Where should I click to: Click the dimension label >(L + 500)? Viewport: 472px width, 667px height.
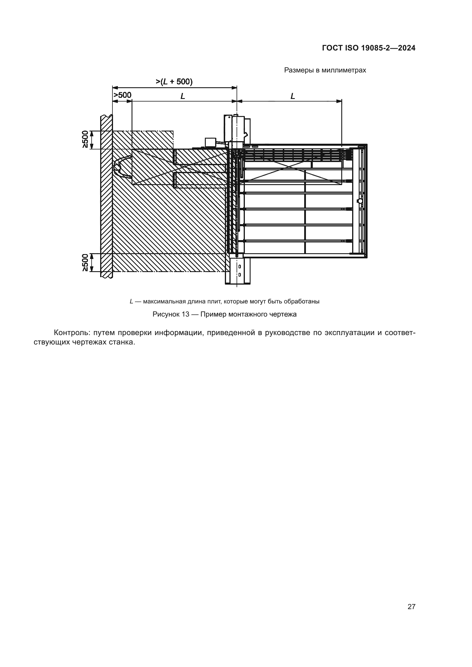[174, 82]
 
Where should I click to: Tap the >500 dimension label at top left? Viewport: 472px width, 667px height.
[122, 95]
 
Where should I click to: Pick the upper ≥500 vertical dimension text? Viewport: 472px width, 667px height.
[85, 139]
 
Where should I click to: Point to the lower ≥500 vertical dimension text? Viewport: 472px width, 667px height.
[85, 262]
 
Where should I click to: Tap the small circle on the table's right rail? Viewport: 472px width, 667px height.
[360, 201]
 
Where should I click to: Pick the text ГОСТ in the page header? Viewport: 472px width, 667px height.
[332, 48]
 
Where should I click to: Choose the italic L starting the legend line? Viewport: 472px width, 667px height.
[131, 301]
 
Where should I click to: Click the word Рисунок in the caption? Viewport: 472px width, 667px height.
[165, 314]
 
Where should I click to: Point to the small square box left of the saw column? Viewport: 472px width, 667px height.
[210, 142]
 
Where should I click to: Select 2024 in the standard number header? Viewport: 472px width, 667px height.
[407, 48]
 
